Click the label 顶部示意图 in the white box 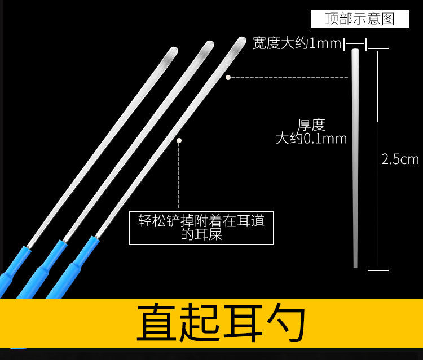pyautogui.click(x=360, y=19)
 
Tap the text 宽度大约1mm pyautogui.click(x=297, y=43)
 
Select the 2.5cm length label pyautogui.click(x=400, y=159)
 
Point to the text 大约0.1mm pyautogui.click(x=311, y=139)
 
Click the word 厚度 pyautogui.click(x=311, y=125)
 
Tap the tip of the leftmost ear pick pyautogui.click(x=174, y=50)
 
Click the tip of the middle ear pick pyautogui.click(x=210, y=44)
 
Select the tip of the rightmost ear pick pyautogui.click(x=242, y=40)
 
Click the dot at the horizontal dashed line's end pyautogui.click(x=228, y=77)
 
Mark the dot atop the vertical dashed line pyautogui.click(x=179, y=140)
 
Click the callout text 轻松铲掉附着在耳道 pyautogui.click(x=201, y=221)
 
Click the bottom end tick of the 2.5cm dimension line pyautogui.click(x=378, y=270)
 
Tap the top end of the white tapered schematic pyautogui.click(x=355, y=50)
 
